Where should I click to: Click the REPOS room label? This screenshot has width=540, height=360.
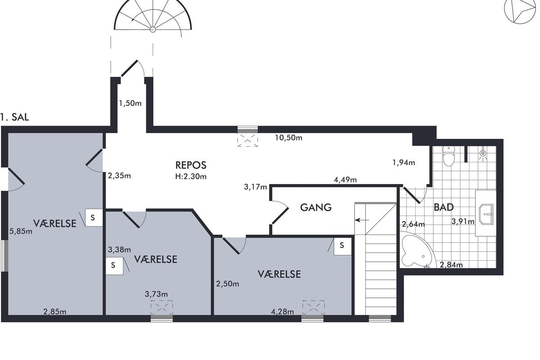coord(191,165)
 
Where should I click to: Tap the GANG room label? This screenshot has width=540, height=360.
coord(316,207)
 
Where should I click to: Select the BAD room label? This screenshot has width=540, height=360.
coord(444,207)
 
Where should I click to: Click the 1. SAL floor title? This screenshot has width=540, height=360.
coord(15,117)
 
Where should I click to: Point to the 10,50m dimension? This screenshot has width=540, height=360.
coord(288,138)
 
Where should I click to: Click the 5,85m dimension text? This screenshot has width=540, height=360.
coord(21,231)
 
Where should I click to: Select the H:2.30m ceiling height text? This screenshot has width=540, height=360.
coord(191,176)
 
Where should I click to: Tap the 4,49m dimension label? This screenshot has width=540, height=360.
coord(345,180)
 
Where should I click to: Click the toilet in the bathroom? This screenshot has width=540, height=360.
coord(448,156)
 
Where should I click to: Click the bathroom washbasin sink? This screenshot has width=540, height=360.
coord(486,214)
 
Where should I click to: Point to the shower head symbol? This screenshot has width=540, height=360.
coord(482,153)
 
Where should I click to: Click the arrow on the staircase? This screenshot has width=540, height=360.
coord(362,220)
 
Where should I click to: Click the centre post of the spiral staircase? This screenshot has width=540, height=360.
coord(153,30)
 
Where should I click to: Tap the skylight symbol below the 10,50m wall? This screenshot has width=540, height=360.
coord(247,140)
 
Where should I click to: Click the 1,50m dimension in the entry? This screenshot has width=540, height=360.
coord(130,103)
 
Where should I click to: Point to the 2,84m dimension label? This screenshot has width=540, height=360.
coord(451,265)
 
